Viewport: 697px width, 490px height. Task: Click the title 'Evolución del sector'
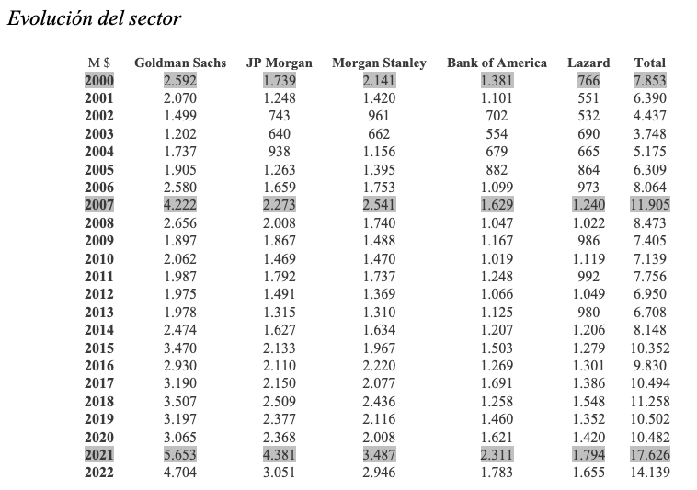coord(94,18)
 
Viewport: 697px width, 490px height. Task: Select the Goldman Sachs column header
coord(180,63)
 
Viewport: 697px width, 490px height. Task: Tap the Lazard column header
coord(588,63)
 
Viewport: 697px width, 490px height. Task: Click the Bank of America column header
coord(497,63)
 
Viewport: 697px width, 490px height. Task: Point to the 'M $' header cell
coord(99,63)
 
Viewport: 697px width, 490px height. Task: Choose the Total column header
coord(650,63)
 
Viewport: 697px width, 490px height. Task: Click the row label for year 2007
coord(99,205)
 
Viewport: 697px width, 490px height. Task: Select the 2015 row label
coord(99,348)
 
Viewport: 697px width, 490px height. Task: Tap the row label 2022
coord(99,473)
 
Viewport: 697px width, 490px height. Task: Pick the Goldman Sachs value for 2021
coord(180,454)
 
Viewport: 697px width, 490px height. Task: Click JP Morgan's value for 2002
coord(280,116)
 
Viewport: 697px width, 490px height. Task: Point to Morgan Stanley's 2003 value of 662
coord(379,133)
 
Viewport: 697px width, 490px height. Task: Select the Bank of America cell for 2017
coord(497,383)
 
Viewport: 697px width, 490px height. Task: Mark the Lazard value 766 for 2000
coord(588,80)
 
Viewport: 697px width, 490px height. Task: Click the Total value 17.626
coord(650,454)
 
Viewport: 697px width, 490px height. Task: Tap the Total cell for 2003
coord(650,133)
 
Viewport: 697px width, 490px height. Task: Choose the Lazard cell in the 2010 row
coord(588,258)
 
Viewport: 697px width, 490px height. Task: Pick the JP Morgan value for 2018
coord(280,401)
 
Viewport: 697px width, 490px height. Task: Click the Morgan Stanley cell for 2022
coord(379,473)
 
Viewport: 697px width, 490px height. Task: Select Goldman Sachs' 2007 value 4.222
coord(180,205)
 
